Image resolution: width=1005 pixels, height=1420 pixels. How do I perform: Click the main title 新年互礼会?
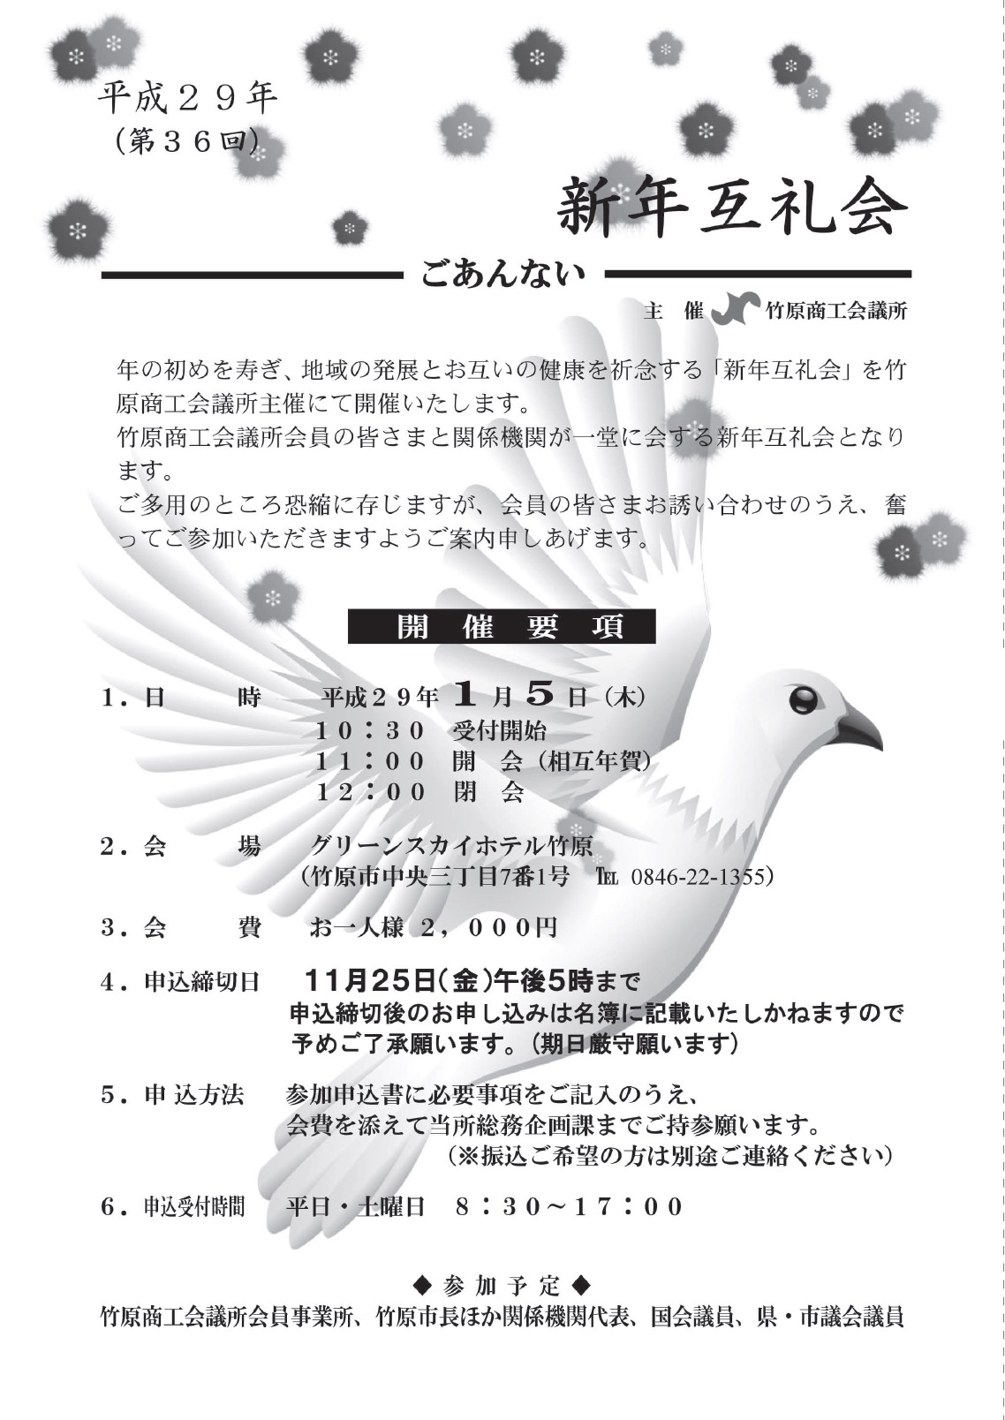pyautogui.click(x=732, y=208)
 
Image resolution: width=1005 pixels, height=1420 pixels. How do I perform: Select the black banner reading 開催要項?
pyautogui.click(x=502, y=626)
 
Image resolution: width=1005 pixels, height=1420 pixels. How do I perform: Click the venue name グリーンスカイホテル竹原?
pyautogui.click(x=450, y=845)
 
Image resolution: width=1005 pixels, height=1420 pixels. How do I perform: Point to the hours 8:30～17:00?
pyautogui.click(x=570, y=1206)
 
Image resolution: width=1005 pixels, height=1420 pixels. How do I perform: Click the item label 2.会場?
pyautogui.click(x=181, y=846)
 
